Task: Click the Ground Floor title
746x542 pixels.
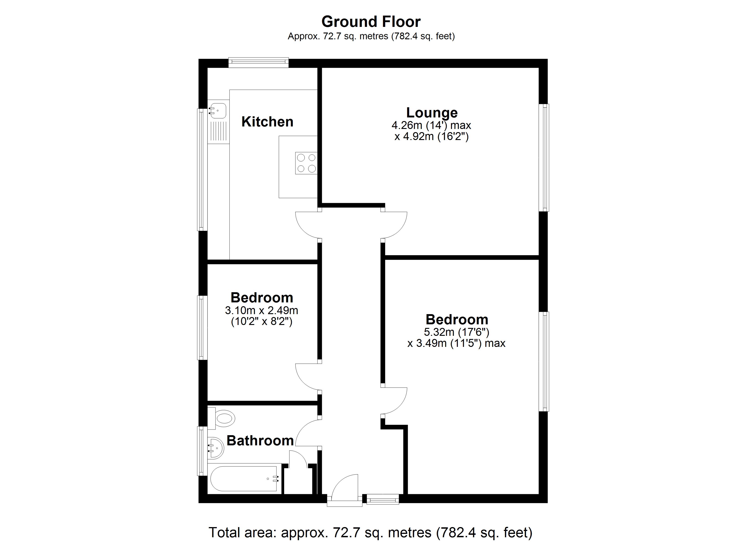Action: (371, 22)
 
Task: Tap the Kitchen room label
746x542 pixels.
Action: (267, 122)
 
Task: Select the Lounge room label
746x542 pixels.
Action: (432, 113)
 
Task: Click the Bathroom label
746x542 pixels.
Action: (260, 441)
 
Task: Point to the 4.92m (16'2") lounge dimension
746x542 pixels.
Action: (432, 136)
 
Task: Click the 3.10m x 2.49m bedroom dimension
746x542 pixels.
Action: (262, 310)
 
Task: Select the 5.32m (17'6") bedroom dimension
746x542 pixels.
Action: (457, 332)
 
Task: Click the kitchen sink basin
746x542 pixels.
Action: (217, 110)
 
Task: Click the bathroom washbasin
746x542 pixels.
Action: (215, 448)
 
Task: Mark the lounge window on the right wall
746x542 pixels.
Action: (543, 158)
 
